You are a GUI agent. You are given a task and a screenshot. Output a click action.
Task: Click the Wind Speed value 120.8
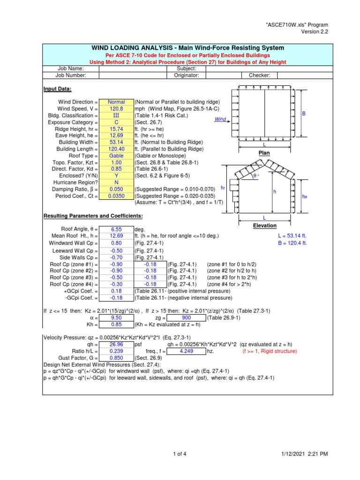116,108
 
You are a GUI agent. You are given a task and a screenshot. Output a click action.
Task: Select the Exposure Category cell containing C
116,122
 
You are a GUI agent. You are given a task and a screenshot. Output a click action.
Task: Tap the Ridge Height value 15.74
116,128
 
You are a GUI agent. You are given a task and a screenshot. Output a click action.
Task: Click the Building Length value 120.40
116,149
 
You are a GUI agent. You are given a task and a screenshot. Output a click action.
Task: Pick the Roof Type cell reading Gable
116,156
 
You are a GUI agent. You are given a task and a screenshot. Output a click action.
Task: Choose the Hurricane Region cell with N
116,182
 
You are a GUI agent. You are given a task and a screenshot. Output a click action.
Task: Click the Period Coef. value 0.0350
116,196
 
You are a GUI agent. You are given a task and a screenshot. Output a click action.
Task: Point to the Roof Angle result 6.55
116,229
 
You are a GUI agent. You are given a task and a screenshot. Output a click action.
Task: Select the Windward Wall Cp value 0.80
116,243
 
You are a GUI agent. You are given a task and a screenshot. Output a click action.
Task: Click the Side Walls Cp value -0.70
116,257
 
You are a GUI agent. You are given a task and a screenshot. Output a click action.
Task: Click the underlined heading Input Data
58,89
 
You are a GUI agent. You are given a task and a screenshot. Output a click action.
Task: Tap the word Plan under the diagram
265,153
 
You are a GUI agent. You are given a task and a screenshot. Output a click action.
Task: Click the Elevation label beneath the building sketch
265,225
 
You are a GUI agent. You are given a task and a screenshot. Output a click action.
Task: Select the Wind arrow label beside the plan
220,120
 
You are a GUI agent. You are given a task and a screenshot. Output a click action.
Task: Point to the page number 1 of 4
180,454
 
